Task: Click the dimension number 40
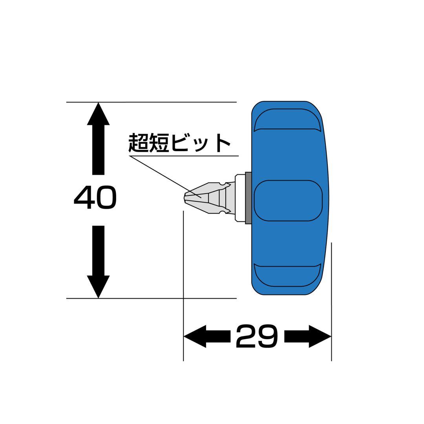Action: pyautogui.click(x=95, y=197)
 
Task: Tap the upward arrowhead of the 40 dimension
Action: pyautogui.click(x=98, y=114)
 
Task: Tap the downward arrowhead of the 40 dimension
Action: pyautogui.click(x=98, y=287)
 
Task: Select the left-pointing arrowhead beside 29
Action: pyautogui.click(x=195, y=336)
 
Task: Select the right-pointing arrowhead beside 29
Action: pyautogui.click(x=320, y=336)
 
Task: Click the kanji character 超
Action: pyautogui.click(x=138, y=142)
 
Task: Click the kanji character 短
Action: pyautogui.click(x=159, y=142)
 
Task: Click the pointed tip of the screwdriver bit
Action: pyautogui.click(x=185, y=198)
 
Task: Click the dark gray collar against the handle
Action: pyautogui.click(x=248, y=198)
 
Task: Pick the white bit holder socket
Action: pyautogui.click(x=240, y=198)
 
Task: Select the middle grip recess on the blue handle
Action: pyautogui.click(x=288, y=200)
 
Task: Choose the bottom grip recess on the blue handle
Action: pyautogui.click(x=288, y=275)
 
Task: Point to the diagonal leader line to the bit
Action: pyautogui.click(x=166, y=177)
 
